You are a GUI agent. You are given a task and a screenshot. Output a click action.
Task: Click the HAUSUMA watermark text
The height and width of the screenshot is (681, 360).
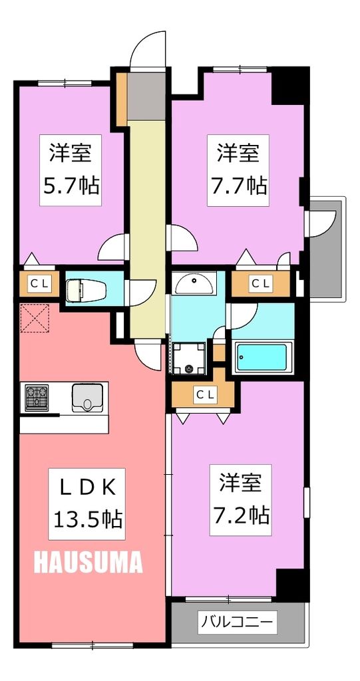tap(88, 563)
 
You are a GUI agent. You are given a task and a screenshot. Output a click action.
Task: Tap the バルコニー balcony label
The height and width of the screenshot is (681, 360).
tap(237, 623)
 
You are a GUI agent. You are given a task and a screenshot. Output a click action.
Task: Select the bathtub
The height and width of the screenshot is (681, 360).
tap(262, 357)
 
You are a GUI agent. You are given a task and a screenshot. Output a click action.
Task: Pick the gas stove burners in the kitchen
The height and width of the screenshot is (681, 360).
tap(37, 398)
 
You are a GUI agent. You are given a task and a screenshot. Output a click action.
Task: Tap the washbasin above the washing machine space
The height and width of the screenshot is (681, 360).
tap(195, 284)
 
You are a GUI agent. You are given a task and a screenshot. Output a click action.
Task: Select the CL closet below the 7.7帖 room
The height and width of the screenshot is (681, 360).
tap(260, 284)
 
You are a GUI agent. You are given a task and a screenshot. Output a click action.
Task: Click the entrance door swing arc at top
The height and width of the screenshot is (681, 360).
tap(148, 50)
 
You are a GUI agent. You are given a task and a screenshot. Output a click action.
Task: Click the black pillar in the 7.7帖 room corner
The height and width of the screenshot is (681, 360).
tap(290, 85)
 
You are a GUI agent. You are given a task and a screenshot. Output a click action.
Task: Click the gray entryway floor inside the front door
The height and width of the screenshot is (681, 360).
tap(146, 96)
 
